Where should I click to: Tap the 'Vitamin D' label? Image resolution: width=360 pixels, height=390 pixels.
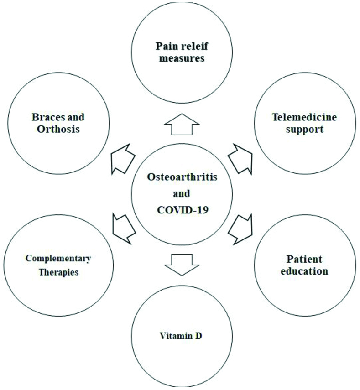click(x=181, y=337)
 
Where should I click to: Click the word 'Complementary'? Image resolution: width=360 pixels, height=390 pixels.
click(x=58, y=259)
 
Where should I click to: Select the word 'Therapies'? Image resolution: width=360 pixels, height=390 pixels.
click(x=58, y=272)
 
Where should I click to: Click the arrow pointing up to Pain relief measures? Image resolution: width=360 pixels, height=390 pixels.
click(x=181, y=125)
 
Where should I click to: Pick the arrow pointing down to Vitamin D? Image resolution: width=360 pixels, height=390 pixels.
click(x=181, y=264)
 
